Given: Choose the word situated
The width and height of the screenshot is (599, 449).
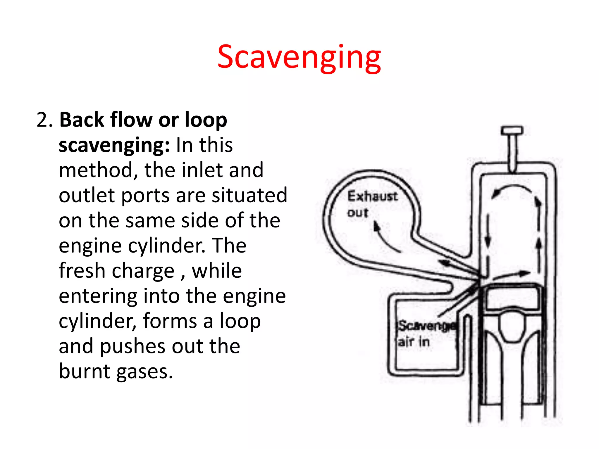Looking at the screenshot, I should (249, 195).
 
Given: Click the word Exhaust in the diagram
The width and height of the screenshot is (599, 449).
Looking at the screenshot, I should (372, 196).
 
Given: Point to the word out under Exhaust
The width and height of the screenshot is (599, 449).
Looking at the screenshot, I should (357, 213).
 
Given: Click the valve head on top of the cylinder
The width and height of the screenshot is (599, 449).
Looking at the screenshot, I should (512, 130).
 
